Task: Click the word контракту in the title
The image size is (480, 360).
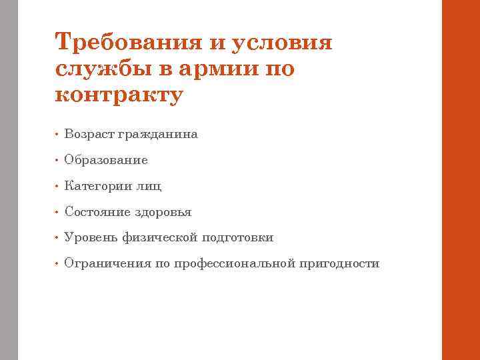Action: tap(119, 94)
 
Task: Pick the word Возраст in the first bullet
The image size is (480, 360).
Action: tap(89, 135)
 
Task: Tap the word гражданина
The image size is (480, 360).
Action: tap(158, 135)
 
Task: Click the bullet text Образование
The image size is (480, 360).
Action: tap(106, 161)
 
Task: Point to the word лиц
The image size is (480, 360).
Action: tap(149, 186)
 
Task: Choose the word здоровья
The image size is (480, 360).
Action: tap(163, 213)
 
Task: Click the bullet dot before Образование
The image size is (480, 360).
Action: tap(58, 161)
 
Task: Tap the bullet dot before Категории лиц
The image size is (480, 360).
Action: tap(58, 187)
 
